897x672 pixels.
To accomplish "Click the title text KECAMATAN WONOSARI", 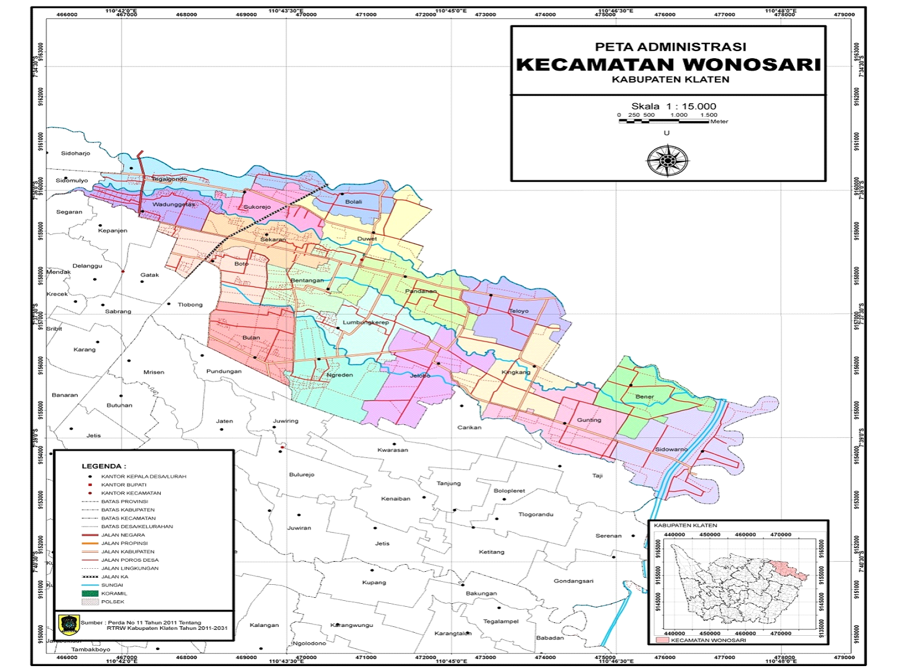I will (x=668, y=65).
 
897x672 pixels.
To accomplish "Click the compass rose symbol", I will (x=667, y=161).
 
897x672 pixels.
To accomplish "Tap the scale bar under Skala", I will (x=664, y=121).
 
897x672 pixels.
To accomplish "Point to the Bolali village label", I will (x=354, y=202).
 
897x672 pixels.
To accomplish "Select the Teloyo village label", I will (x=519, y=311).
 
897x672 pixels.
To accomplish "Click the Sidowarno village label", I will (x=671, y=450).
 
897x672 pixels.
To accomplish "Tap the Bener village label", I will (x=644, y=397).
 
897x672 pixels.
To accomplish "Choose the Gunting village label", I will (x=589, y=420).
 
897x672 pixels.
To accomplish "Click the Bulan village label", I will (x=251, y=338).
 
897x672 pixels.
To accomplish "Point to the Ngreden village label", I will (x=340, y=375).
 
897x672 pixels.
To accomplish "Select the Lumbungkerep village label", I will (x=365, y=323).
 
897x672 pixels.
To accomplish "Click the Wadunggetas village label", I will (x=173, y=205).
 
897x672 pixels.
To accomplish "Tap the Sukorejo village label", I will (x=257, y=207).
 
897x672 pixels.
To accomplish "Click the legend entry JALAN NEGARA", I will (x=123, y=535).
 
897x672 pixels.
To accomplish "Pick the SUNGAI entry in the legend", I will (x=112, y=585).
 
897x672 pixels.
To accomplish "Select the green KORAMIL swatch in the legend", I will (x=90, y=593).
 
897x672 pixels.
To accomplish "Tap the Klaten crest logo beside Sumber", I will (x=69, y=625).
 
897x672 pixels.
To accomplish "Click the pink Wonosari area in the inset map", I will (x=791, y=570).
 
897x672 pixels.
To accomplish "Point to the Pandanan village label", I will (x=421, y=292).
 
